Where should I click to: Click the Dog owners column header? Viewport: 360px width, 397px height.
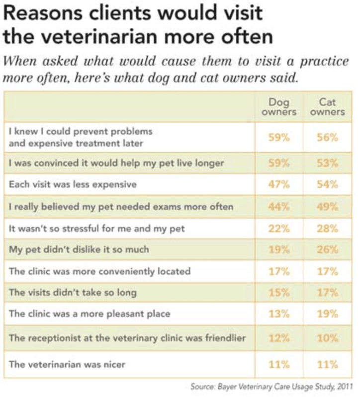point(279,107)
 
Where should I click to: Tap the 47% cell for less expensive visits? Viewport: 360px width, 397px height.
point(279,184)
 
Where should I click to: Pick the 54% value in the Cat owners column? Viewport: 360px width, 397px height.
point(327,184)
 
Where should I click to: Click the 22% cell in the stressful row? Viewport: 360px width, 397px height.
point(279,229)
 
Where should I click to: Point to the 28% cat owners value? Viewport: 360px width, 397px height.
point(327,229)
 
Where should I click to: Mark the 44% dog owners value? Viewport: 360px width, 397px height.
point(279,206)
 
